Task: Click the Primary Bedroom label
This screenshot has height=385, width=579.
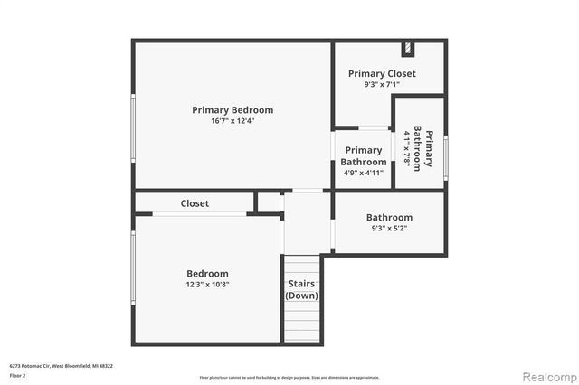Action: pyautogui.click(x=233, y=110)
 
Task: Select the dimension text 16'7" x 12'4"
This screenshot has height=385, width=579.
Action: pyautogui.click(x=233, y=121)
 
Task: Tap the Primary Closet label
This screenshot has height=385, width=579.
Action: pyautogui.click(x=382, y=73)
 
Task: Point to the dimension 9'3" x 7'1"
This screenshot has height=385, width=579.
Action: pyautogui.click(x=382, y=84)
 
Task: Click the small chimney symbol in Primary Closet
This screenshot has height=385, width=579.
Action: pyautogui.click(x=408, y=48)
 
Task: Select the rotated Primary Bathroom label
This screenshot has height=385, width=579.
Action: pyautogui.click(x=423, y=148)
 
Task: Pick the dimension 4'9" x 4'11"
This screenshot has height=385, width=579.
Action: pyautogui.click(x=364, y=173)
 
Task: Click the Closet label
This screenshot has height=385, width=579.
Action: pyautogui.click(x=195, y=203)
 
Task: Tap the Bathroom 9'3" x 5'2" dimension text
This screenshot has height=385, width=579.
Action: pyautogui.click(x=389, y=229)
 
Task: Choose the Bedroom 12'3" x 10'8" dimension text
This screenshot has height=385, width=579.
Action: pyautogui.click(x=207, y=285)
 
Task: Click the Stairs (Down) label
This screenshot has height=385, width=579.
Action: pyautogui.click(x=302, y=289)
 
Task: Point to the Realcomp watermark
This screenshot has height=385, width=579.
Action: pyautogui.click(x=546, y=374)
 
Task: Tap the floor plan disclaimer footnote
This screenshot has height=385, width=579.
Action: pyautogui.click(x=289, y=377)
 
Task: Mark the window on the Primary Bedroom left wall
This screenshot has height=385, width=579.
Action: pyautogui.click(x=134, y=128)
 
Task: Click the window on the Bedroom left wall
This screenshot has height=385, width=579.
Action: pyautogui.click(x=134, y=268)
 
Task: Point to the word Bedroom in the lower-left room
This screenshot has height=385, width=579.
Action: pyautogui.click(x=207, y=274)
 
